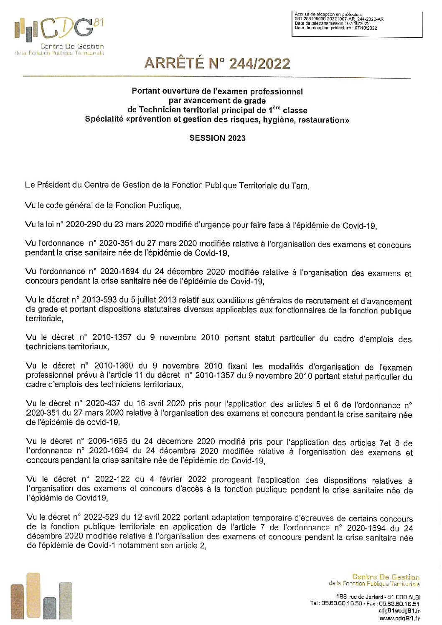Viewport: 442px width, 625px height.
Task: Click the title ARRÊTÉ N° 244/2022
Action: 217,64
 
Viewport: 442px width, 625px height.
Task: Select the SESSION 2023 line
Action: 217,138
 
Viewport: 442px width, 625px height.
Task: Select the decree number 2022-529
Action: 102,517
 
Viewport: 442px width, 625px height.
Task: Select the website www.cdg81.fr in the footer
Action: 399,618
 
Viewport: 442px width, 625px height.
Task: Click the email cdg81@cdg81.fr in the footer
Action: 399,611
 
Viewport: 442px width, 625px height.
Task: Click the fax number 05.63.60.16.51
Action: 399,604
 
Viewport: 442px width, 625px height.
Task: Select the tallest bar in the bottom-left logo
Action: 33,595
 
